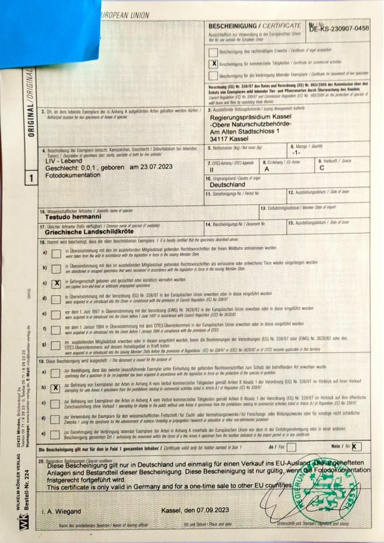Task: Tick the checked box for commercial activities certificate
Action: tap(214, 63)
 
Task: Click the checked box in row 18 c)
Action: tap(56, 284)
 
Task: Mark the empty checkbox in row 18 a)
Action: tap(56, 253)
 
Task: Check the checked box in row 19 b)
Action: tap(56, 388)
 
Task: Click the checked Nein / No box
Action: tap(355, 446)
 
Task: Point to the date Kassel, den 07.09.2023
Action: tap(194, 511)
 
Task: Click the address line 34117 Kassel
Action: tap(229, 138)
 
